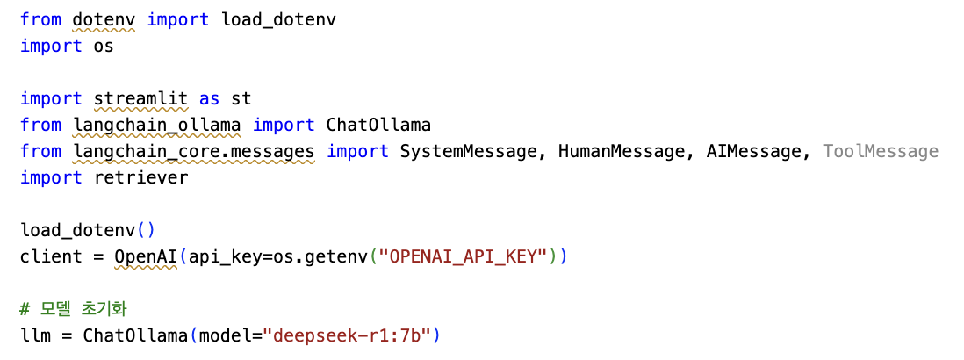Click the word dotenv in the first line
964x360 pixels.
[x=104, y=19]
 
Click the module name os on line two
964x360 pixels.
[x=104, y=46]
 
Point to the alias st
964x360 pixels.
[x=241, y=98]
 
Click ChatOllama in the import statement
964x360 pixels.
[x=378, y=125]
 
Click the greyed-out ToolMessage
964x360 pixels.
[x=881, y=151]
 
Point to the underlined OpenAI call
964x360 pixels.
[x=146, y=256]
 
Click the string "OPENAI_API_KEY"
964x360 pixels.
[x=462, y=256]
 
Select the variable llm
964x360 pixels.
[x=36, y=335]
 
